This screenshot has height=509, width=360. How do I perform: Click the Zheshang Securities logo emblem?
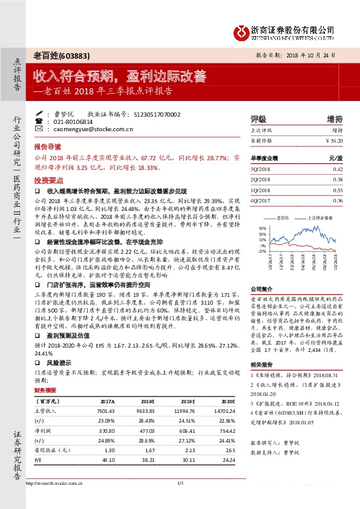click(x=240, y=30)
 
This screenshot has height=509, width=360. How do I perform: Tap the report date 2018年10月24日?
click(x=309, y=54)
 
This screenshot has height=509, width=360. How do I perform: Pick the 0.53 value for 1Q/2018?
click(x=338, y=189)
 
